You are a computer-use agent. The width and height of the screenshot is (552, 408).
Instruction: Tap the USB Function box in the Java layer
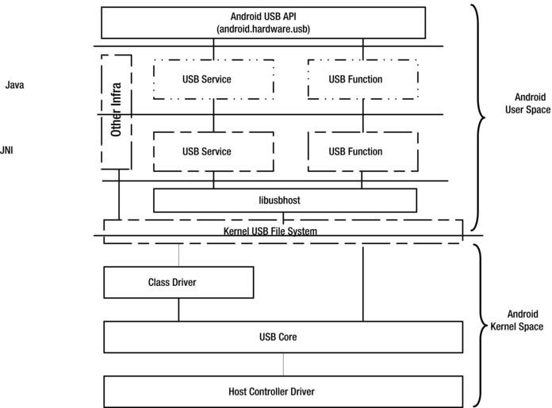pos(362,79)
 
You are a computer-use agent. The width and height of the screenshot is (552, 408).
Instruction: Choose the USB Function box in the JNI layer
pos(362,151)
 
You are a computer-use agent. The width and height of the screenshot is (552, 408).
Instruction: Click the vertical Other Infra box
pos(117,112)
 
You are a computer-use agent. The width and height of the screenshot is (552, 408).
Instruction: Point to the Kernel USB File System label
pos(270,231)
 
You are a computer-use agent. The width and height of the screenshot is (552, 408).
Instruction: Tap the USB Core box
pos(282,337)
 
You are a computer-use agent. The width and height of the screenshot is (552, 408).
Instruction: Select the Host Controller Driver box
pos(282,391)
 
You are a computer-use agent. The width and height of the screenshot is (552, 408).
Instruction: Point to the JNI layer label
pos(6,148)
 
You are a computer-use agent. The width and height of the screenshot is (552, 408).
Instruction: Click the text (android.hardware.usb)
pos(270,29)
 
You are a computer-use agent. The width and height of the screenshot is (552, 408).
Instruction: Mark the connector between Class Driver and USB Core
pos(178,310)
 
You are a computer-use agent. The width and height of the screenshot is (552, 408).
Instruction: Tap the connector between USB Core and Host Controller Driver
pos(282,364)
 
